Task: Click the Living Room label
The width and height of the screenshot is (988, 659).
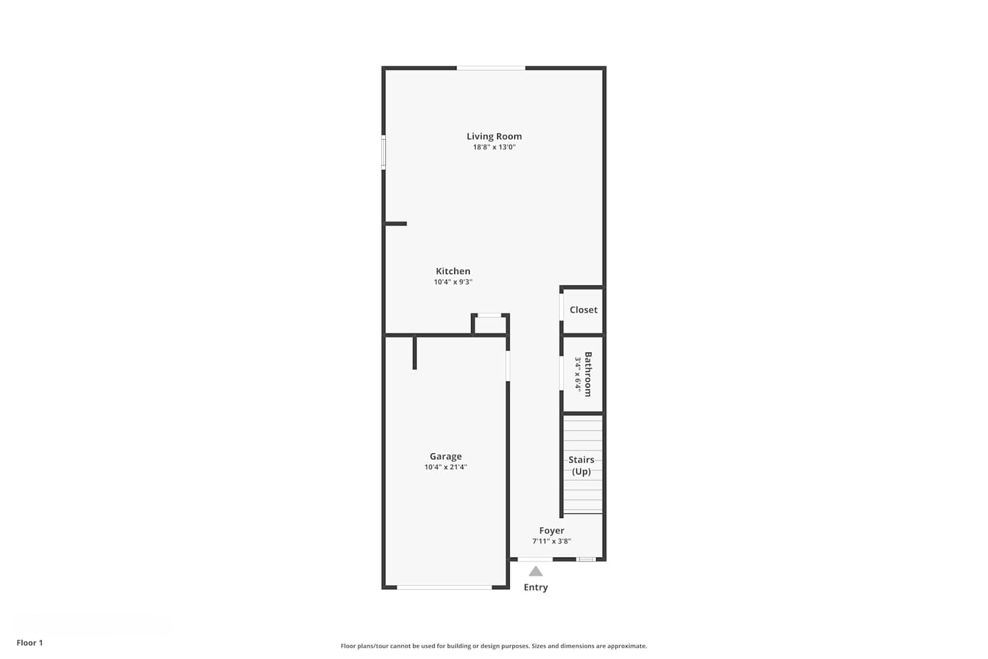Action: pyautogui.click(x=494, y=136)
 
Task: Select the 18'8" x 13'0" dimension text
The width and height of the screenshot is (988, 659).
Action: pyautogui.click(x=494, y=147)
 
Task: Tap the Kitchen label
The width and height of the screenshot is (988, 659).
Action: pyautogui.click(x=453, y=271)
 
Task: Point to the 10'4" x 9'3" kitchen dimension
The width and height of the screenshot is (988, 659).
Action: pyautogui.click(x=453, y=281)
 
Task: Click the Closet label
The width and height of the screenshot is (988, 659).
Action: pyautogui.click(x=584, y=310)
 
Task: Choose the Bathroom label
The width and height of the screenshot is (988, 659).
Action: pyautogui.click(x=588, y=374)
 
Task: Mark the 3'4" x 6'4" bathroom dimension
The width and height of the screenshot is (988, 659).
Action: pyautogui.click(x=578, y=374)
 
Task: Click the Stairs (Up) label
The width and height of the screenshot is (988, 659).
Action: pyautogui.click(x=582, y=465)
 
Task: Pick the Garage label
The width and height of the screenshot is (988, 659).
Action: pyautogui.click(x=446, y=456)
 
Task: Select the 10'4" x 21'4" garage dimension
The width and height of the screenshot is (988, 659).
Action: pyautogui.click(x=446, y=467)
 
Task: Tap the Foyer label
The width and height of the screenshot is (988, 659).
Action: pyautogui.click(x=552, y=530)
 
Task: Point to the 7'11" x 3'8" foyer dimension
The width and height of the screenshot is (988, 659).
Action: pyautogui.click(x=552, y=541)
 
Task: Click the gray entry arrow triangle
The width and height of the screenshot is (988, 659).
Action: pyautogui.click(x=535, y=571)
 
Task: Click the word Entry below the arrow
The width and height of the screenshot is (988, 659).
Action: pyautogui.click(x=536, y=587)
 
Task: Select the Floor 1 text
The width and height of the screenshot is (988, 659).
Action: pyautogui.click(x=30, y=643)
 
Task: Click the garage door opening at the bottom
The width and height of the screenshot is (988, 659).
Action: pyautogui.click(x=444, y=587)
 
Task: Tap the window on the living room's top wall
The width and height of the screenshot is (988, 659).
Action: pyautogui.click(x=491, y=68)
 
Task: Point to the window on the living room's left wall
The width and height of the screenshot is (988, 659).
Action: pyautogui.click(x=384, y=152)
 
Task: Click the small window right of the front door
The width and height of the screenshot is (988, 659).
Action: pyautogui.click(x=586, y=559)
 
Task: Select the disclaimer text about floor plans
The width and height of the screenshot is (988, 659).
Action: pyautogui.click(x=494, y=646)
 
